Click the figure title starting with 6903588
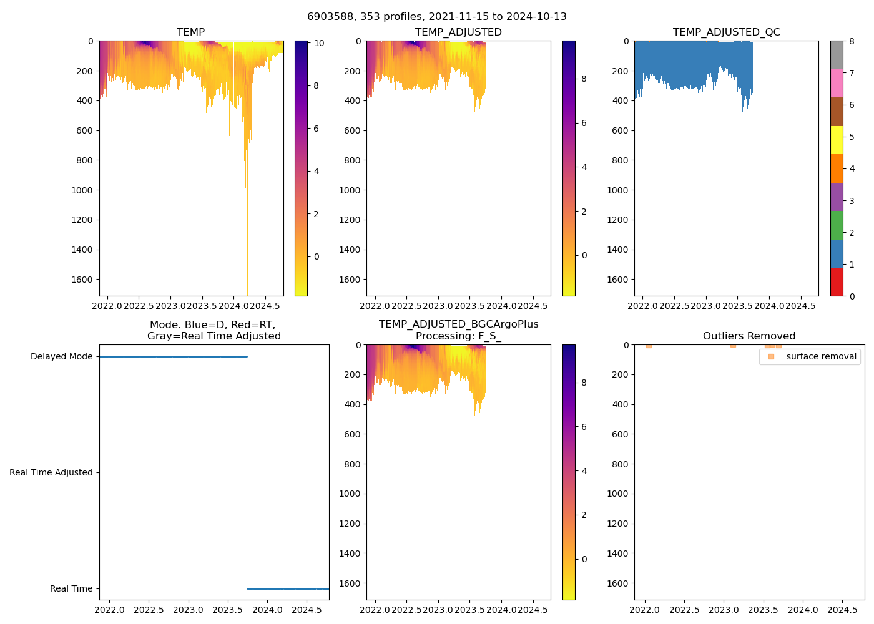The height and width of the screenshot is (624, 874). coord(436,17)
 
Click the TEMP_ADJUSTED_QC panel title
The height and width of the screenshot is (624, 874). coord(726,32)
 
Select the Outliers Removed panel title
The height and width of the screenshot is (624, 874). coord(749,336)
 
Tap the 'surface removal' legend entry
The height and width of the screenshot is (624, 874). coord(821,356)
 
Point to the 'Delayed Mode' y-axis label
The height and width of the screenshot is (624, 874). coord(61,357)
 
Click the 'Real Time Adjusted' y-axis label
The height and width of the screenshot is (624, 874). coord(51,473)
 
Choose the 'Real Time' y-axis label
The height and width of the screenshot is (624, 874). coord(71,589)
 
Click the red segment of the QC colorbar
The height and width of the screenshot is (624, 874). coord(837,282)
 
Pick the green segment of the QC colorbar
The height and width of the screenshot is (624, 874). coord(837,225)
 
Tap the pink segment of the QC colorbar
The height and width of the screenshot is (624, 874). coord(837,83)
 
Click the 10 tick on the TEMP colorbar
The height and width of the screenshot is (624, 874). coord(319,43)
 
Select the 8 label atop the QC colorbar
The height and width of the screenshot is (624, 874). coord(852,41)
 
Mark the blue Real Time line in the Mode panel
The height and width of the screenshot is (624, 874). coord(287,588)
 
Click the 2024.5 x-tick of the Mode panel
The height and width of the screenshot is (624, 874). coord(307,610)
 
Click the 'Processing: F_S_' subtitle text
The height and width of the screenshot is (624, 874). coord(458,336)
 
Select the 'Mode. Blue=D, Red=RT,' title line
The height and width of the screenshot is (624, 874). coord(212,325)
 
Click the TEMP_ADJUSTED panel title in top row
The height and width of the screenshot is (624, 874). coord(458,32)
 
